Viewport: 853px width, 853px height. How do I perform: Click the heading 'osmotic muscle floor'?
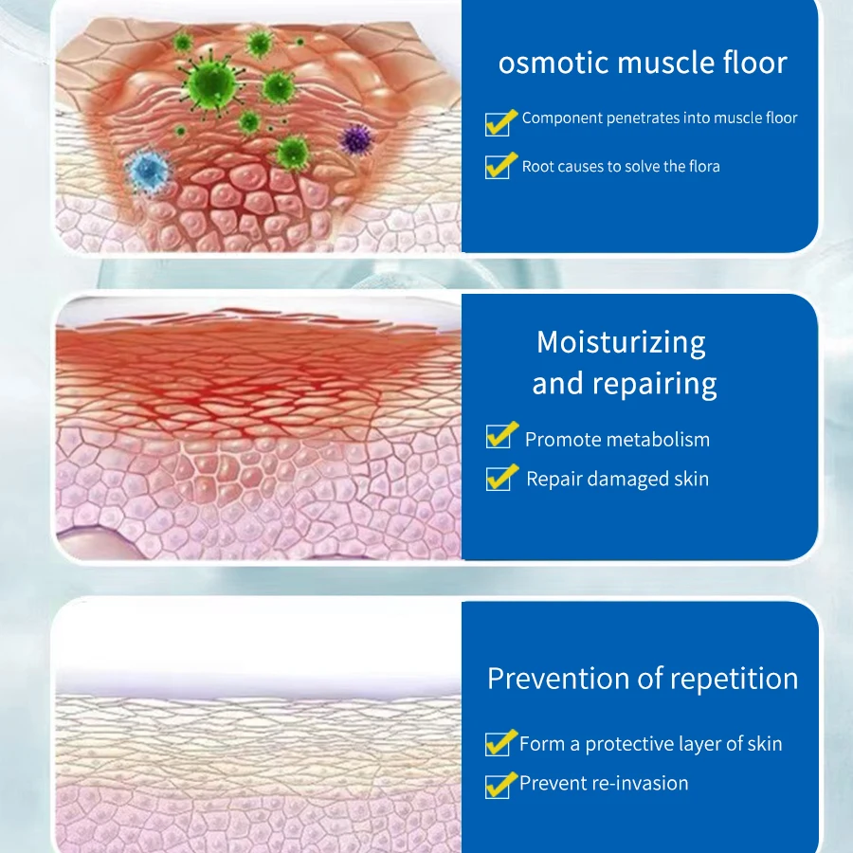(643, 64)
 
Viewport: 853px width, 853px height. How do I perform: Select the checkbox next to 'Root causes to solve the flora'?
(498, 168)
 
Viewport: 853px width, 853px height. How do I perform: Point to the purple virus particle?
(355, 139)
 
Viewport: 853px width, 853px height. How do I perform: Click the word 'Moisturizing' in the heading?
(621, 341)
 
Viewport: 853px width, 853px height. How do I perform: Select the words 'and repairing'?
(624, 384)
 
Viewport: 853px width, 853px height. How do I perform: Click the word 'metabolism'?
(657, 440)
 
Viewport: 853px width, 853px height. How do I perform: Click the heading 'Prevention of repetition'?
(643, 679)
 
